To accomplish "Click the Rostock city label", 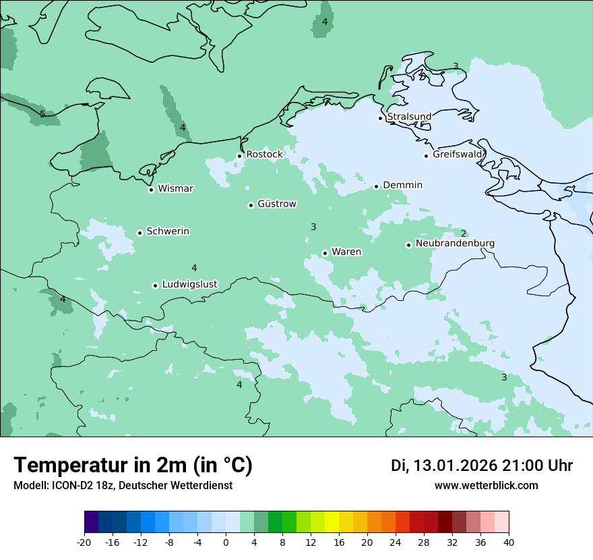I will click(x=264, y=155).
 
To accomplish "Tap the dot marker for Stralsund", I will click(x=380, y=118).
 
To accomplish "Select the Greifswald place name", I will click(x=458, y=155).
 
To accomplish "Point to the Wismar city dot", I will click(x=151, y=190).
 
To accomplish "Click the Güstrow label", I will click(x=276, y=204).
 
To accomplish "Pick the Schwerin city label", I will click(x=167, y=231).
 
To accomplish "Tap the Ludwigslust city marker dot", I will click(x=155, y=285).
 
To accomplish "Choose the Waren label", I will click(x=346, y=252).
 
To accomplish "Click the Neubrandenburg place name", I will click(x=455, y=244).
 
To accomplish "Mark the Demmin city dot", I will click(x=376, y=186).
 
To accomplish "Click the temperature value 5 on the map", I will click(x=42, y=114).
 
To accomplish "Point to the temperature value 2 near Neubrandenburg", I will click(x=464, y=233).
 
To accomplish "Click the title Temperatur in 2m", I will click(x=133, y=465).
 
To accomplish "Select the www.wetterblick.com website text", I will click(x=486, y=485).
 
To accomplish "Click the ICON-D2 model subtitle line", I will click(x=123, y=485).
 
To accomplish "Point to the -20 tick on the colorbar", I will click(x=84, y=542).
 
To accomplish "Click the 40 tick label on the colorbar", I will click(x=509, y=542).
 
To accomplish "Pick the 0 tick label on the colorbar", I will click(x=226, y=542).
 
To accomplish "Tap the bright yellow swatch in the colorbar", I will click(x=332, y=522).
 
